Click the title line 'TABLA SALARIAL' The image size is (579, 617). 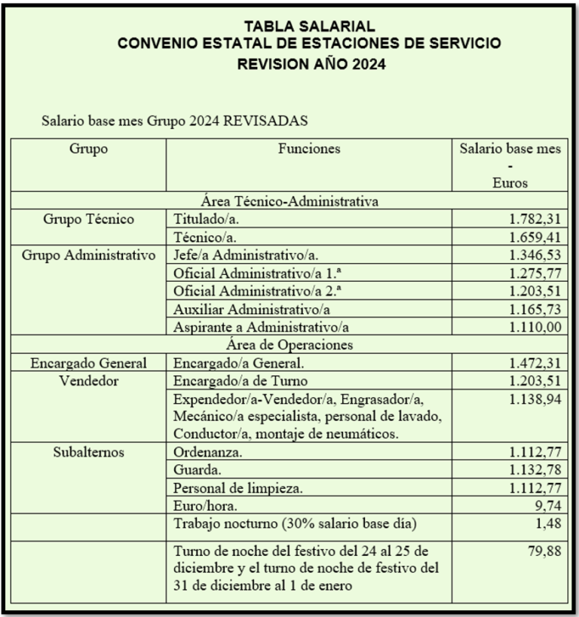[309, 27]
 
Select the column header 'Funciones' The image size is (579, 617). [309, 149]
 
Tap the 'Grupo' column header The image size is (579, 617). [89, 149]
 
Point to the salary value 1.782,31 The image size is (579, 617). [531, 220]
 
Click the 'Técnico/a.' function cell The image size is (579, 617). [200, 237]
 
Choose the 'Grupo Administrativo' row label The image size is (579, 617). [89, 255]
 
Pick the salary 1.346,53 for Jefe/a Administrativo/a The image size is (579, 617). [531, 255]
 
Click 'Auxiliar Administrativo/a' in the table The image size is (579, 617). [244, 309]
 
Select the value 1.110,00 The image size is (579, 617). [531, 327]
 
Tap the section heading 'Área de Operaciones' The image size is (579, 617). [289, 344]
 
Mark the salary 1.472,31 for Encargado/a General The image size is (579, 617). [531, 362]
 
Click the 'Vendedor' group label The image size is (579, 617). [89, 380]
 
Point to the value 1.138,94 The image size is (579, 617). [531, 399]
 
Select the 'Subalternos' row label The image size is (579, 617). [89, 453]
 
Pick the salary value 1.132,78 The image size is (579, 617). [531, 471]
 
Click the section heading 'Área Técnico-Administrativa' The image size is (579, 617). [289, 201]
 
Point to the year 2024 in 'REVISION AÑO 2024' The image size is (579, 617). [365, 65]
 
